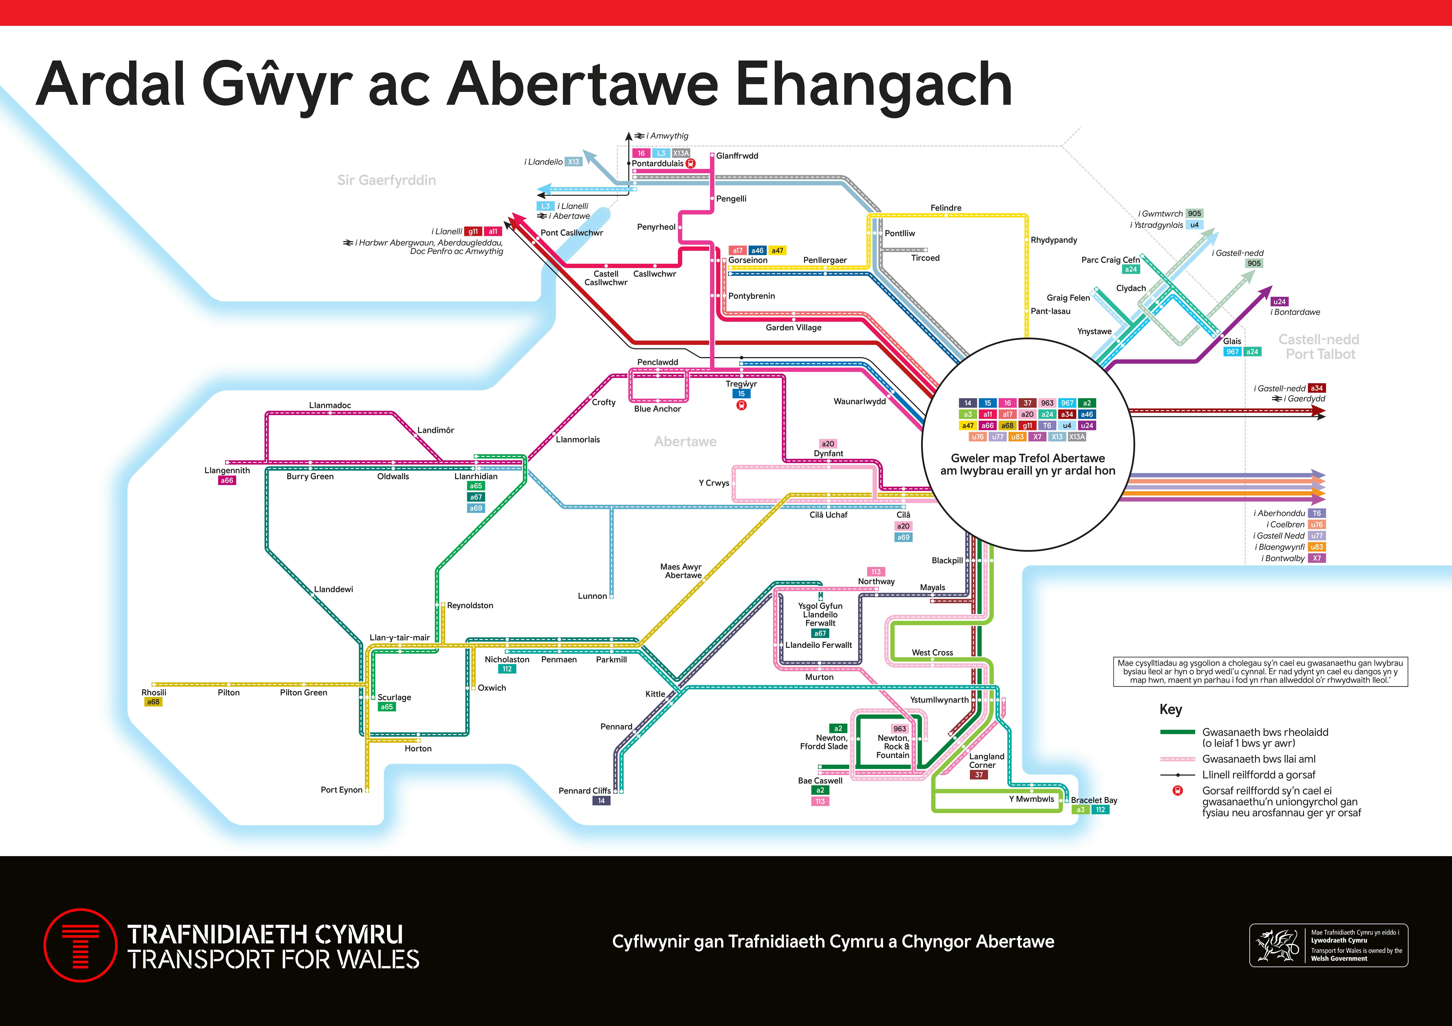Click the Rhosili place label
(x=154, y=692)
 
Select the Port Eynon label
(x=342, y=789)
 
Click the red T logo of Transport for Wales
(x=80, y=945)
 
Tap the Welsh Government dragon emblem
(x=1276, y=945)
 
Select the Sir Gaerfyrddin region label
(x=386, y=180)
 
